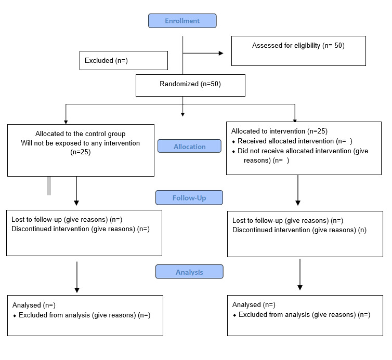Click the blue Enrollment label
[182, 21]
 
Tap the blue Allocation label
[189, 146]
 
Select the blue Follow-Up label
[189, 197]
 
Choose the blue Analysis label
[189, 272]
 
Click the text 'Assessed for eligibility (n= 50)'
[298, 46]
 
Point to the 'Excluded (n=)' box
[124, 60]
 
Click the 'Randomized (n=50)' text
[190, 84]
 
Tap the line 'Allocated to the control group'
[80, 134]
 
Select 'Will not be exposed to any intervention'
[80, 143]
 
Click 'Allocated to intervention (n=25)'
[279, 131]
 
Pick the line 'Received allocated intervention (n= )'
[295, 141]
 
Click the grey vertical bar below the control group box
[49, 186]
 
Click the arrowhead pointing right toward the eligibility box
[221, 53]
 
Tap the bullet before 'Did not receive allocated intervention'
[233, 152]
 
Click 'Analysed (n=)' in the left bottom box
[34, 305]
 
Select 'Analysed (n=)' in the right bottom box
[254, 304]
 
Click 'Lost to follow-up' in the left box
[36, 220]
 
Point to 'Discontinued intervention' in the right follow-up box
[271, 230]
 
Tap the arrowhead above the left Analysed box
[77, 290]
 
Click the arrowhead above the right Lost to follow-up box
[298, 203]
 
